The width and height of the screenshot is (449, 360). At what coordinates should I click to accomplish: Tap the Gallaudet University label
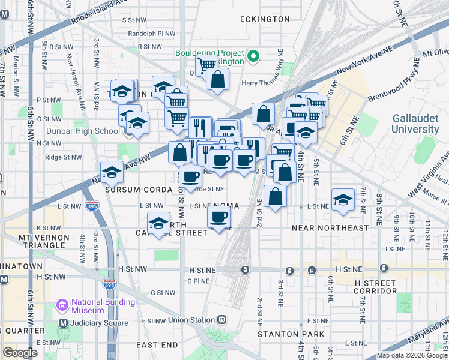(415, 124)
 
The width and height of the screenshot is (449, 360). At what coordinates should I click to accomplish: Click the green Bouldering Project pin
(253, 57)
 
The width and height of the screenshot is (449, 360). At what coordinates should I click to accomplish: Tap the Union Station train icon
(222, 319)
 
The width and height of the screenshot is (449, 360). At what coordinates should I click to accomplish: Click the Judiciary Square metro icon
(62, 323)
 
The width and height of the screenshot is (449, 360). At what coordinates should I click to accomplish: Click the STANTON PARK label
(291, 334)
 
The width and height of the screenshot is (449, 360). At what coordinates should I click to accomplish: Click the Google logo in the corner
(20, 352)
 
